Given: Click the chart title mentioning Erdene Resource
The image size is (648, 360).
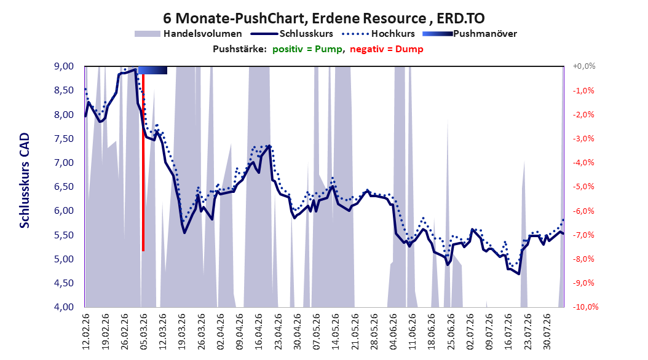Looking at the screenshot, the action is click(x=323, y=18).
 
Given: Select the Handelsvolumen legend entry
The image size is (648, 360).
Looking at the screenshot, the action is click(x=188, y=34).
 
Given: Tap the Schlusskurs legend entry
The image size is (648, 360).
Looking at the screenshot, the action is click(x=292, y=34).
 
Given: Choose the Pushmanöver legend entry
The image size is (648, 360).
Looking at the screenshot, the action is click(x=470, y=34).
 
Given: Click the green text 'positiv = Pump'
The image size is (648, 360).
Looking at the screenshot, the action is click(x=307, y=49).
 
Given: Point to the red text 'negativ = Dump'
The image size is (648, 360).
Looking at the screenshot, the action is click(x=387, y=49).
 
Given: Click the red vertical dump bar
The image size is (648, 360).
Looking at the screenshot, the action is click(x=143, y=162).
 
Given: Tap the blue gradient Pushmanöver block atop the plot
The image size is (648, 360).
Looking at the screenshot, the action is click(x=152, y=70).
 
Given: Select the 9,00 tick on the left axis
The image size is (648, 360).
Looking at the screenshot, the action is click(x=64, y=66).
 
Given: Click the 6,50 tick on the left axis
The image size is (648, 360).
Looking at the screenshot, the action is click(x=64, y=187).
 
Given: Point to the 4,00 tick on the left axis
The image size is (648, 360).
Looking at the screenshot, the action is click(x=64, y=307).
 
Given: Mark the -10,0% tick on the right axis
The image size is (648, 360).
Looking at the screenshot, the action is click(x=585, y=307).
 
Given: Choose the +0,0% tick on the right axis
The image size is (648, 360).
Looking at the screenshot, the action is click(x=584, y=66).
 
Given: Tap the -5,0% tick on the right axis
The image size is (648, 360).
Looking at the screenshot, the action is click(x=583, y=187).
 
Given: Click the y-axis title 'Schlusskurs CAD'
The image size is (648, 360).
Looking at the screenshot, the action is click(x=25, y=181).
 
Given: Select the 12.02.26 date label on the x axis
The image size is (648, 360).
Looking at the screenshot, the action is click(x=86, y=332).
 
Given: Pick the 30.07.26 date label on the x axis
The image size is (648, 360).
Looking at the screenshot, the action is click(x=547, y=332).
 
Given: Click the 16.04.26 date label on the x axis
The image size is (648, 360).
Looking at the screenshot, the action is click(x=259, y=332).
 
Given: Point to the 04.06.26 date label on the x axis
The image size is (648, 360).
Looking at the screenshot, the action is click(x=393, y=332).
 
